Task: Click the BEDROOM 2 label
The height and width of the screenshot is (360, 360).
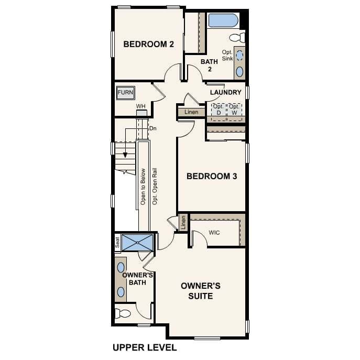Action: [x=148, y=44]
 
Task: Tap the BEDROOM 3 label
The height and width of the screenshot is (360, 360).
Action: [x=212, y=176]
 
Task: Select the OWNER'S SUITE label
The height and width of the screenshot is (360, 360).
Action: [x=200, y=291]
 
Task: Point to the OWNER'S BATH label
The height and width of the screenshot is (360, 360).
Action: [x=137, y=279]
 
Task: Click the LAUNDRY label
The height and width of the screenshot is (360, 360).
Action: [x=225, y=93]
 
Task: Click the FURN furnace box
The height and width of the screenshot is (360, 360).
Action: [x=125, y=93]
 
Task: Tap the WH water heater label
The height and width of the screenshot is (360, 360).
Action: [x=140, y=106]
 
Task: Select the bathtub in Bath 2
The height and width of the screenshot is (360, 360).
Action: [x=223, y=21]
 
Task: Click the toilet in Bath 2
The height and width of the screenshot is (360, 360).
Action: [x=238, y=37]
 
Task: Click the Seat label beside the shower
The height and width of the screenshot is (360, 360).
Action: [x=117, y=243]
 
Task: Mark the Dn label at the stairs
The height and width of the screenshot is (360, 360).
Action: [x=153, y=128]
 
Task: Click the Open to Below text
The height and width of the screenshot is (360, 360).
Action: [x=143, y=186]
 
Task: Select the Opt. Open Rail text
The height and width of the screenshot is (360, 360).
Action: [x=155, y=186]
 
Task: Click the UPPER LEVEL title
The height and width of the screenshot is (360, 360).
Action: [x=145, y=347]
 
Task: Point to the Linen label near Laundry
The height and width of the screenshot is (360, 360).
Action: [x=191, y=112]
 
